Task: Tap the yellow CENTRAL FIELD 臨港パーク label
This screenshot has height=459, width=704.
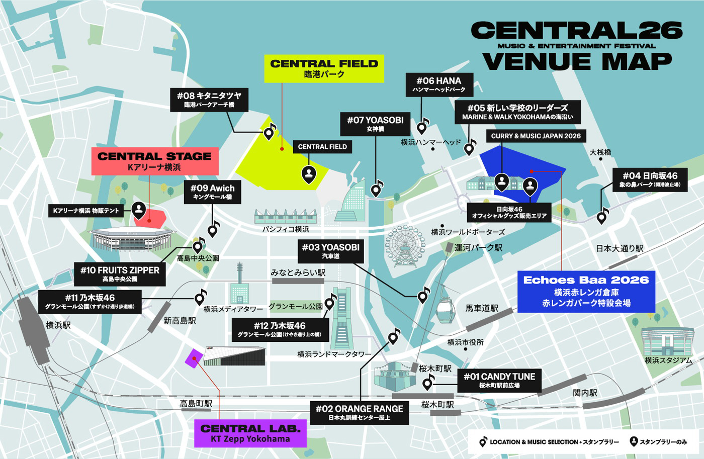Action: (x=324, y=68)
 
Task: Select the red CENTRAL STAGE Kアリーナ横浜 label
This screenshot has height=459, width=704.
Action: (x=154, y=161)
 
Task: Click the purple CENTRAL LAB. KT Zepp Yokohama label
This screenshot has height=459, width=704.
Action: (x=250, y=433)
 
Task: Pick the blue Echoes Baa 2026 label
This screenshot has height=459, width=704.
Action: (x=586, y=292)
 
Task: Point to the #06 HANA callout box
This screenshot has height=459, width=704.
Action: (x=438, y=84)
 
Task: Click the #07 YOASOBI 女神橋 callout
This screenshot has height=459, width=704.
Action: (x=375, y=124)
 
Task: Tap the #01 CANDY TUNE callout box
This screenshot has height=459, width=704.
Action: (x=499, y=380)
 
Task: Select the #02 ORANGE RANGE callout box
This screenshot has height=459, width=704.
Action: (x=359, y=412)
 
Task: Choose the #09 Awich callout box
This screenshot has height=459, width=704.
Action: (x=212, y=192)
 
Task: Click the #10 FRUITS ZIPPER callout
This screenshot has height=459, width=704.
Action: (x=120, y=273)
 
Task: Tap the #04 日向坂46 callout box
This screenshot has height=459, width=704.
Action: (x=650, y=179)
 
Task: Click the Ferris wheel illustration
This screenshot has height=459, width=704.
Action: (x=404, y=245)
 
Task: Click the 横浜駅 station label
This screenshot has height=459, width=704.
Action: (x=58, y=325)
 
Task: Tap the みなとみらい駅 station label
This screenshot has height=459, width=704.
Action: (x=298, y=272)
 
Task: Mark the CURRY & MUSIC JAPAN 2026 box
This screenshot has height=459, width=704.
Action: (x=536, y=136)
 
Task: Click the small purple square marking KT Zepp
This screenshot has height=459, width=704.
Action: (x=194, y=358)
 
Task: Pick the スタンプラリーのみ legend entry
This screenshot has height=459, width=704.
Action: (x=658, y=442)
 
